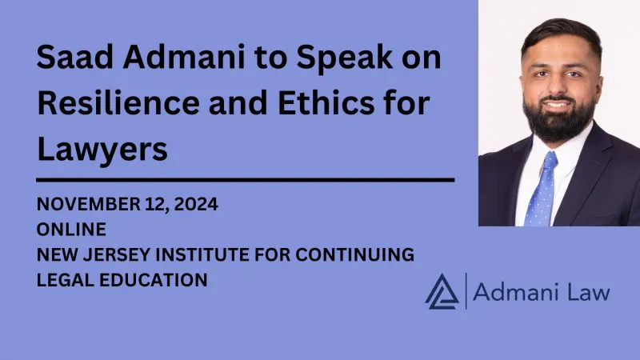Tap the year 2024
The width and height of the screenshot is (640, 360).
pos(195,205)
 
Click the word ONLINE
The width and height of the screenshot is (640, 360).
pos(71,230)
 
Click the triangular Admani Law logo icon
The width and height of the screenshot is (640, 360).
pos(441,290)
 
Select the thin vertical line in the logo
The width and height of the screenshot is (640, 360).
pos(466,290)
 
